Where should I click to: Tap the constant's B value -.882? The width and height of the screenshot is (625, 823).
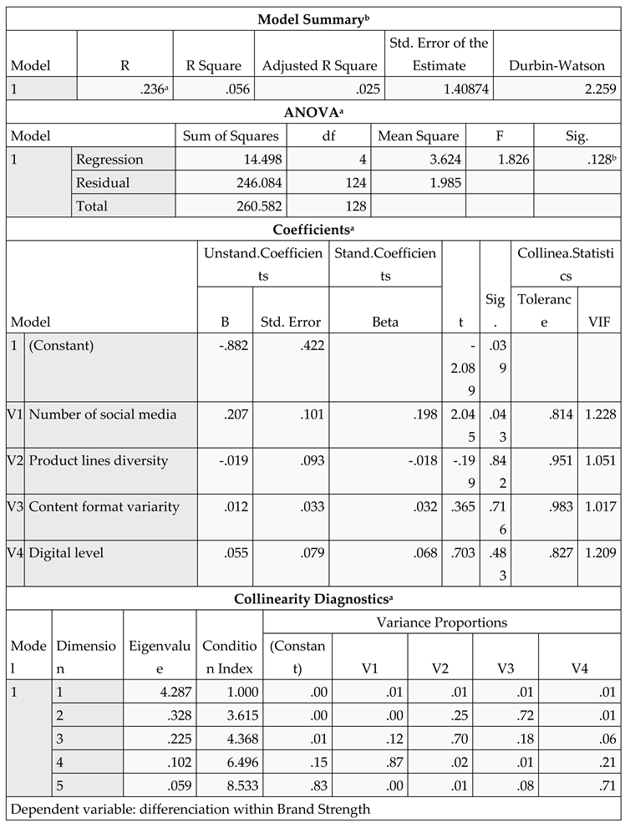tap(231, 345)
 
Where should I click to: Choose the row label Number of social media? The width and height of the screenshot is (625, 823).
tap(103, 414)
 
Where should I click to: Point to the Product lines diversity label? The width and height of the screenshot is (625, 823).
tap(99, 460)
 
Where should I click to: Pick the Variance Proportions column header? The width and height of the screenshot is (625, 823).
tap(444, 622)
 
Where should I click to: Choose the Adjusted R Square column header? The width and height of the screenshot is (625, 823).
tap(319, 65)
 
